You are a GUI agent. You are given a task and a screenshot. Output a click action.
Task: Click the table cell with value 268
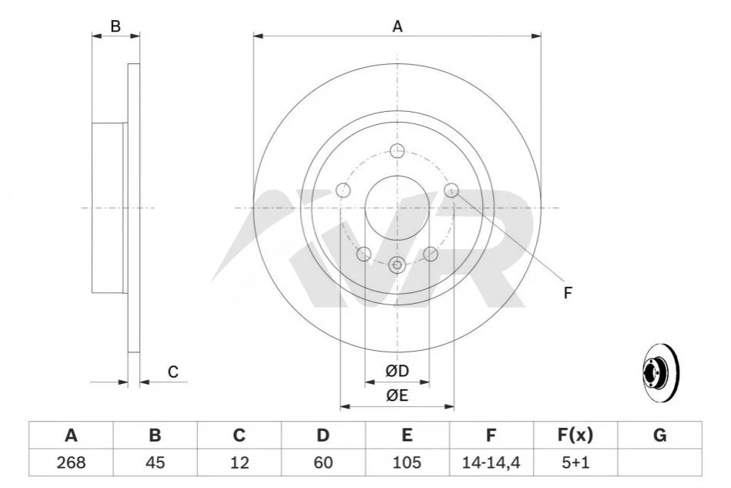[x=71, y=463]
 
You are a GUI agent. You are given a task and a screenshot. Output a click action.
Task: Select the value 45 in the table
[x=156, y=463]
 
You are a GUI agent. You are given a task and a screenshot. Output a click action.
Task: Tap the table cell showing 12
[x=239, y=463]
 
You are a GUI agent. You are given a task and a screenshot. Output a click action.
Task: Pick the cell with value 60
[x=323, y=463]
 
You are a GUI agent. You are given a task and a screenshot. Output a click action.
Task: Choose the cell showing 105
[x=407, y=463]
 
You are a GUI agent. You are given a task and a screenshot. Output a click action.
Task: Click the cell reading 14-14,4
[x=491, y=463]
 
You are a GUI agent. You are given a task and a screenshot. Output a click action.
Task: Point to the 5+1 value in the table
[x=575, y=463]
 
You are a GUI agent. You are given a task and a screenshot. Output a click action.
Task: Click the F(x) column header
[x=575, y=436]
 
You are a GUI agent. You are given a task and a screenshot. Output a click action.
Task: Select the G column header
[x=659, y=436]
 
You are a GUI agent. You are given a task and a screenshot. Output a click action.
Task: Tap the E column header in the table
[x=407, y=436]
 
